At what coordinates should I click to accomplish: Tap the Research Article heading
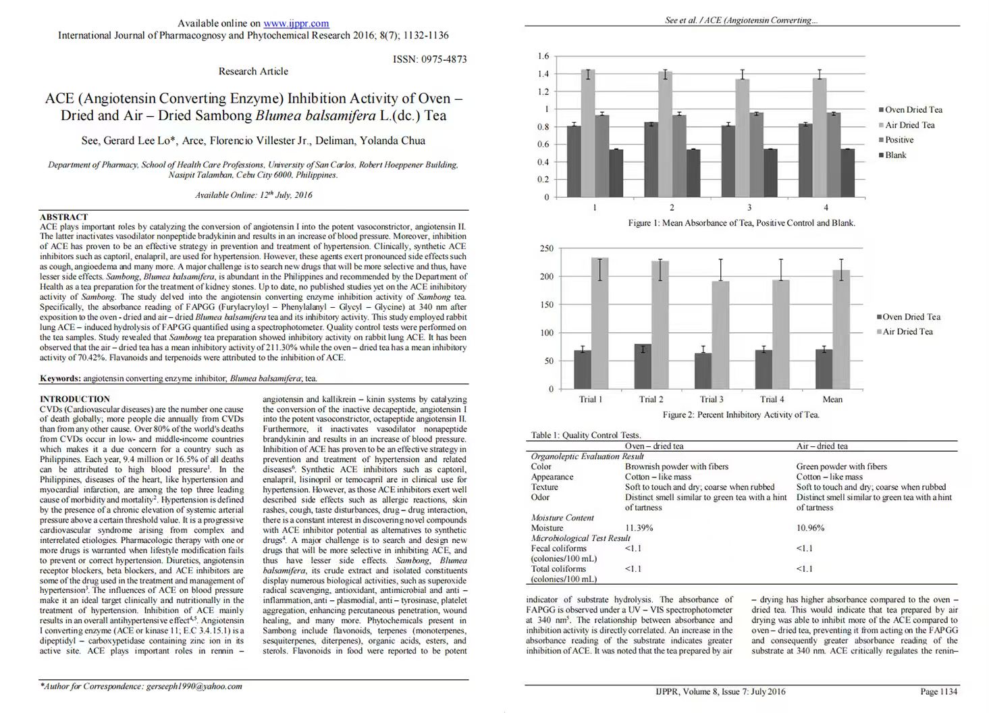pos(253,72)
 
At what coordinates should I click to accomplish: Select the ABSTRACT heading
pos(63,217)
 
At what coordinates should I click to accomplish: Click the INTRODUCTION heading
pos(74,399)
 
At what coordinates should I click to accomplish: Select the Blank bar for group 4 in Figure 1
pos(847,173)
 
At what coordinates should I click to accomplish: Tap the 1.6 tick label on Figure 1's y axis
pos(543,56)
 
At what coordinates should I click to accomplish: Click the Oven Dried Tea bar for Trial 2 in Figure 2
pos(643,367)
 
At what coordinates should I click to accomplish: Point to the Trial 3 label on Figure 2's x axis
pos(712,399)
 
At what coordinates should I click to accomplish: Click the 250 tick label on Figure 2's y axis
pos(546,248)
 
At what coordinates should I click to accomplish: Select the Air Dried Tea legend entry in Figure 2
pos(907,332)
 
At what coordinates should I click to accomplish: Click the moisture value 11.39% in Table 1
pos(639,528)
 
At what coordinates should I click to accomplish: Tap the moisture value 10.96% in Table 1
pos(810,528)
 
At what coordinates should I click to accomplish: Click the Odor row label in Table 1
pos(541,497)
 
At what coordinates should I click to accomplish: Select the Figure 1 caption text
pos(741,223)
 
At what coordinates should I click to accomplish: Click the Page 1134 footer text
pos(938,691)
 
